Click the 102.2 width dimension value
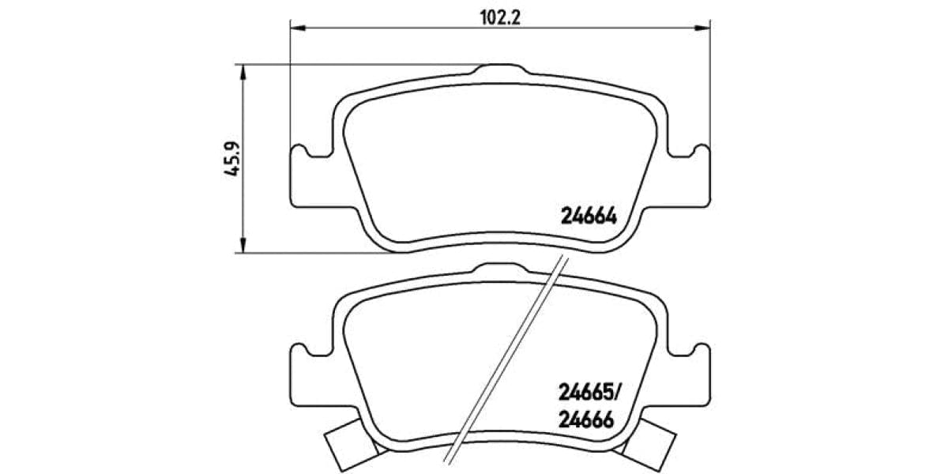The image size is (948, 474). (500, 17)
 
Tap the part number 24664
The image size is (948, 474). (588, 214)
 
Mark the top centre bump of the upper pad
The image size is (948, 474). (500, 70)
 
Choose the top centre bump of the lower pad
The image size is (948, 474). (500, 269)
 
